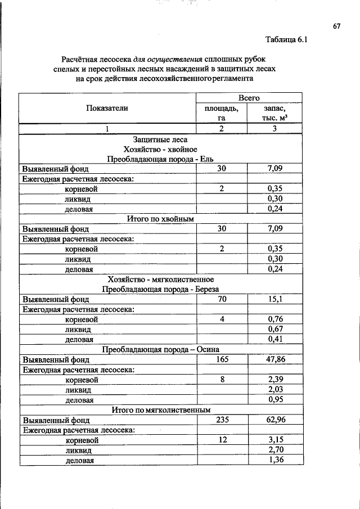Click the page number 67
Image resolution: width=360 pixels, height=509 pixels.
[x=337, y=26]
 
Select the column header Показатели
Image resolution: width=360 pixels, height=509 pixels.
[x=107, y=108]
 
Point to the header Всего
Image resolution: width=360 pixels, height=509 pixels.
[x=249, y=98]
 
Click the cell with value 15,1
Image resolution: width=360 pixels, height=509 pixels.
[x=275, y=299]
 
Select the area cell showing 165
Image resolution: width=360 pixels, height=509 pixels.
[x=222, y=359]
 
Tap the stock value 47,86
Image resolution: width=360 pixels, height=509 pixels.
[x=275, y=359]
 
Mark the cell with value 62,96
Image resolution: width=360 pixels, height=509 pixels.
[x=275, y=419]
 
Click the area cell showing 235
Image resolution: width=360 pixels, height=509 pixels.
[x=222, y=419]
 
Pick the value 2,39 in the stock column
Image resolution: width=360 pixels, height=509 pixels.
[x=275, y=379]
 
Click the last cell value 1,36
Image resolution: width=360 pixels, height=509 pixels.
[x=275, y=460]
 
